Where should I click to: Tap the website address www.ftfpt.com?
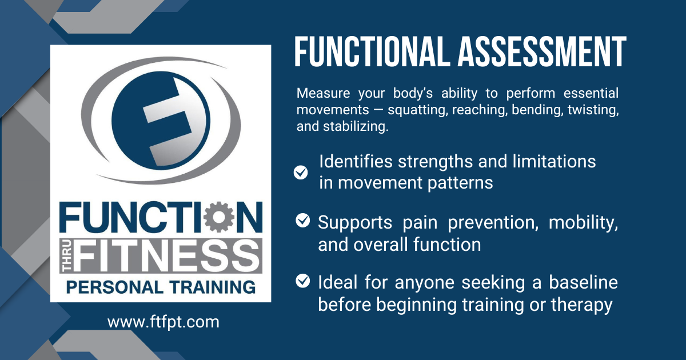(x=163, y=322)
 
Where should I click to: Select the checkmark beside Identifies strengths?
(x=301, y=172)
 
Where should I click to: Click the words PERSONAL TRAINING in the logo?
(x=160, y=286)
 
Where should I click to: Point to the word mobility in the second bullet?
(x=583, y=222)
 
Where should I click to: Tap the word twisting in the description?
(x=592, y=110)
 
